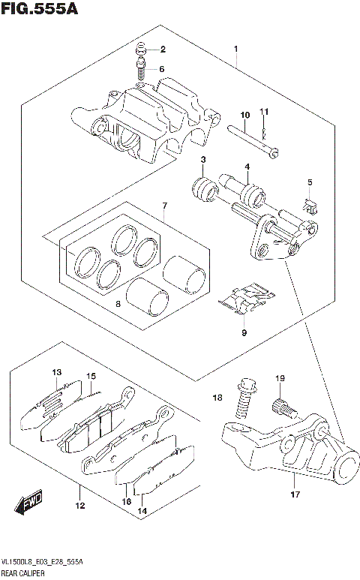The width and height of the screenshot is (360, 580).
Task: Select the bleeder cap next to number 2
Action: click(x=140, y=50)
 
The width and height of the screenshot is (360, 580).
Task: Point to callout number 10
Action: click(x=244, y=115)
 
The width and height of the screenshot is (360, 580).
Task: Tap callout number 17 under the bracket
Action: click(x=295, y=494)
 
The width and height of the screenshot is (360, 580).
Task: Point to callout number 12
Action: click(x=79, y=506)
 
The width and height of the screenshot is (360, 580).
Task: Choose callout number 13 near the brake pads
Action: click(x=56, y=373)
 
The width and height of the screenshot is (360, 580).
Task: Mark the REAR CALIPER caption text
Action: click(x=26, y=572)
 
